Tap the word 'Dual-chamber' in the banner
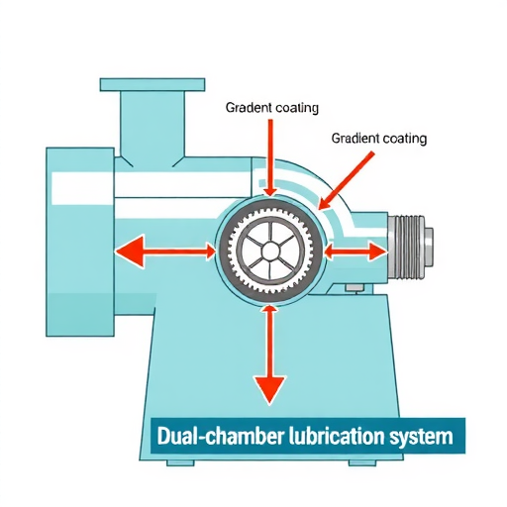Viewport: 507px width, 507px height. point(220,437)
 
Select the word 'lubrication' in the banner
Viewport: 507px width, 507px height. point(336,437)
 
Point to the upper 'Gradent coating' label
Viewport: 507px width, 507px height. point(272,108)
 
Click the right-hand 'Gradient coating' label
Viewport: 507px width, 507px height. point(379,138)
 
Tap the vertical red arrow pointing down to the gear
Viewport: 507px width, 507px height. point(270,158)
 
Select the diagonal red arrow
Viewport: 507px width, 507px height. point(347,180)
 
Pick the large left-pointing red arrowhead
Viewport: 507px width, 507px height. point(130,252)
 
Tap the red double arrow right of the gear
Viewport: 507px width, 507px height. point(355,253)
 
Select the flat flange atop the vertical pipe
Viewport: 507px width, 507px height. point(152,84)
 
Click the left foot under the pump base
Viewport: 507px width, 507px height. point(180,462)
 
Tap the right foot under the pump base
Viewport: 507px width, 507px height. point(362,462)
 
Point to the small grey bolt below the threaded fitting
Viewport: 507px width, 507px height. point(355,288)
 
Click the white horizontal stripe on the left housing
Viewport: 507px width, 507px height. point(83,188)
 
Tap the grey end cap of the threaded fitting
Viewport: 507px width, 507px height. point(429,247)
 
